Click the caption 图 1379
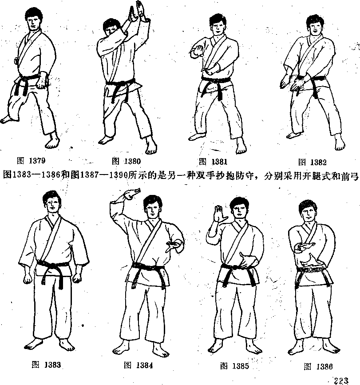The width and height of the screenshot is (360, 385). tap(31, 161)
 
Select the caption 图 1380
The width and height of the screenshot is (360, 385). tap(126, 161)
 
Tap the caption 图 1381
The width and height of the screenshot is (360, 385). tap(213, 162)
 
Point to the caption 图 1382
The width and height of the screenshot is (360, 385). tap(313, 162)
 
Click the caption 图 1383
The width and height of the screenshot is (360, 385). tap(46, 365)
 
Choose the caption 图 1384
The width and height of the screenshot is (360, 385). tap(138, 365)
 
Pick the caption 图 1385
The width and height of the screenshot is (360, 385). tap(235, 366)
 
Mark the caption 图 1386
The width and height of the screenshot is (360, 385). tap(318, 367)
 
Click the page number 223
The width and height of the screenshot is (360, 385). tap(341, 381)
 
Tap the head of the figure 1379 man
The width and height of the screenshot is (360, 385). tap(34, 19)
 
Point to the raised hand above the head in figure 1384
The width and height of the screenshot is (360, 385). tap(129, 194)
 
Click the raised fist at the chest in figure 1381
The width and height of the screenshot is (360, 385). tap(197, 51)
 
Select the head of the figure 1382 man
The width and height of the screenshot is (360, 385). tap(315, 24)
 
